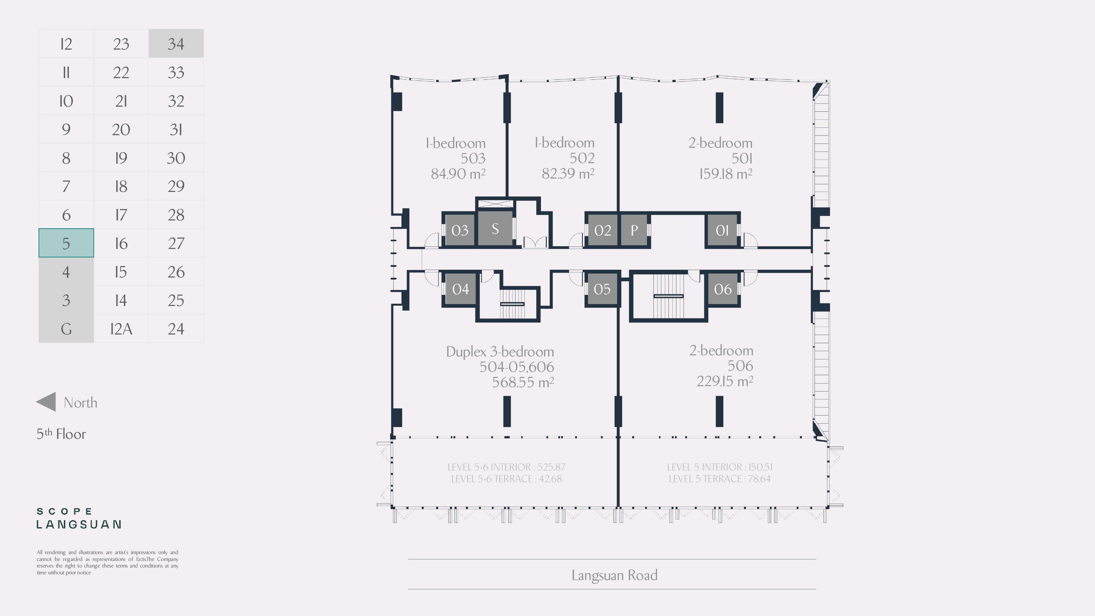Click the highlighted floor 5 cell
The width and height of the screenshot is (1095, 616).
click(x=66, y=243)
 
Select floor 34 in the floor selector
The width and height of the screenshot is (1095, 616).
click(x=176, y=43)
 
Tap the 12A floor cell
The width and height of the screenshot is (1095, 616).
click(x=121, y=329)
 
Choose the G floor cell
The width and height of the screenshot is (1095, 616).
click(x=66, y=329)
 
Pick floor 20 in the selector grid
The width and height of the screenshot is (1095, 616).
click(x=121, y=129)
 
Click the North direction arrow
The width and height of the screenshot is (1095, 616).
click(x=46, y=402)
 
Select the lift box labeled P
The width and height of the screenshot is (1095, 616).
click(x=634, y=230)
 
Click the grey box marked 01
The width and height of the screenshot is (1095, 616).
click(x=722, y=230)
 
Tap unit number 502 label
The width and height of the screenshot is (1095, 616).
click(x=582, y=158)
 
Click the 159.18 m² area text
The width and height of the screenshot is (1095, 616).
click(x=726, y=173)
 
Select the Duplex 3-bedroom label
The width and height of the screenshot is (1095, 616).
click(x=500, y=352)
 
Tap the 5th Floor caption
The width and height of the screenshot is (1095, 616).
click(x=61, y=433)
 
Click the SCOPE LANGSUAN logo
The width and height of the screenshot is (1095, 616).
click(x=79, y=518)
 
